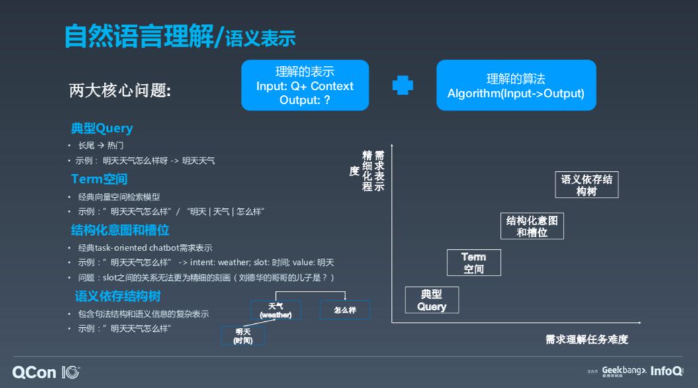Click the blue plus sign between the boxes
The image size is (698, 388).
tap(402, 86)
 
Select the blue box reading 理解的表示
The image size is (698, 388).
tap(305, 85)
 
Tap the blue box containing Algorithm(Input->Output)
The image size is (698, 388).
tap(516, 85)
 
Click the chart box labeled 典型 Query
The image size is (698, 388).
tap(432, 300)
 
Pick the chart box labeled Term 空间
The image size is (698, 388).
tap(474, 262)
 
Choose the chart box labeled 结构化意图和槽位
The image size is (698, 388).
tap(532, 226)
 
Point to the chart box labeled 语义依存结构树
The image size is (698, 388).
tap(586, 184)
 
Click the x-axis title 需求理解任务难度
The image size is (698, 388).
tap(586, 339)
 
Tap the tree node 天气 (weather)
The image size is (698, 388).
tap(276, 310)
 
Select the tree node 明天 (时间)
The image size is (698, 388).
tap(242, 336)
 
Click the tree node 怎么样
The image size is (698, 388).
tap(345, 309)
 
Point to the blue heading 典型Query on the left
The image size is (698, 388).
tap(102, 128)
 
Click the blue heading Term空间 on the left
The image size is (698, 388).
tap(99, 179)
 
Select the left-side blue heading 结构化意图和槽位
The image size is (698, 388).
tap(120, 230)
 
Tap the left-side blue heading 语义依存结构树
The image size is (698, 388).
tap(117, 295)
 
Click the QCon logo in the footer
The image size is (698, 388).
tap(46, 372)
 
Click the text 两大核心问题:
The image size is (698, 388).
tap(120, 91)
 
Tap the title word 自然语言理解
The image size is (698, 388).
tap(139, 36)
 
